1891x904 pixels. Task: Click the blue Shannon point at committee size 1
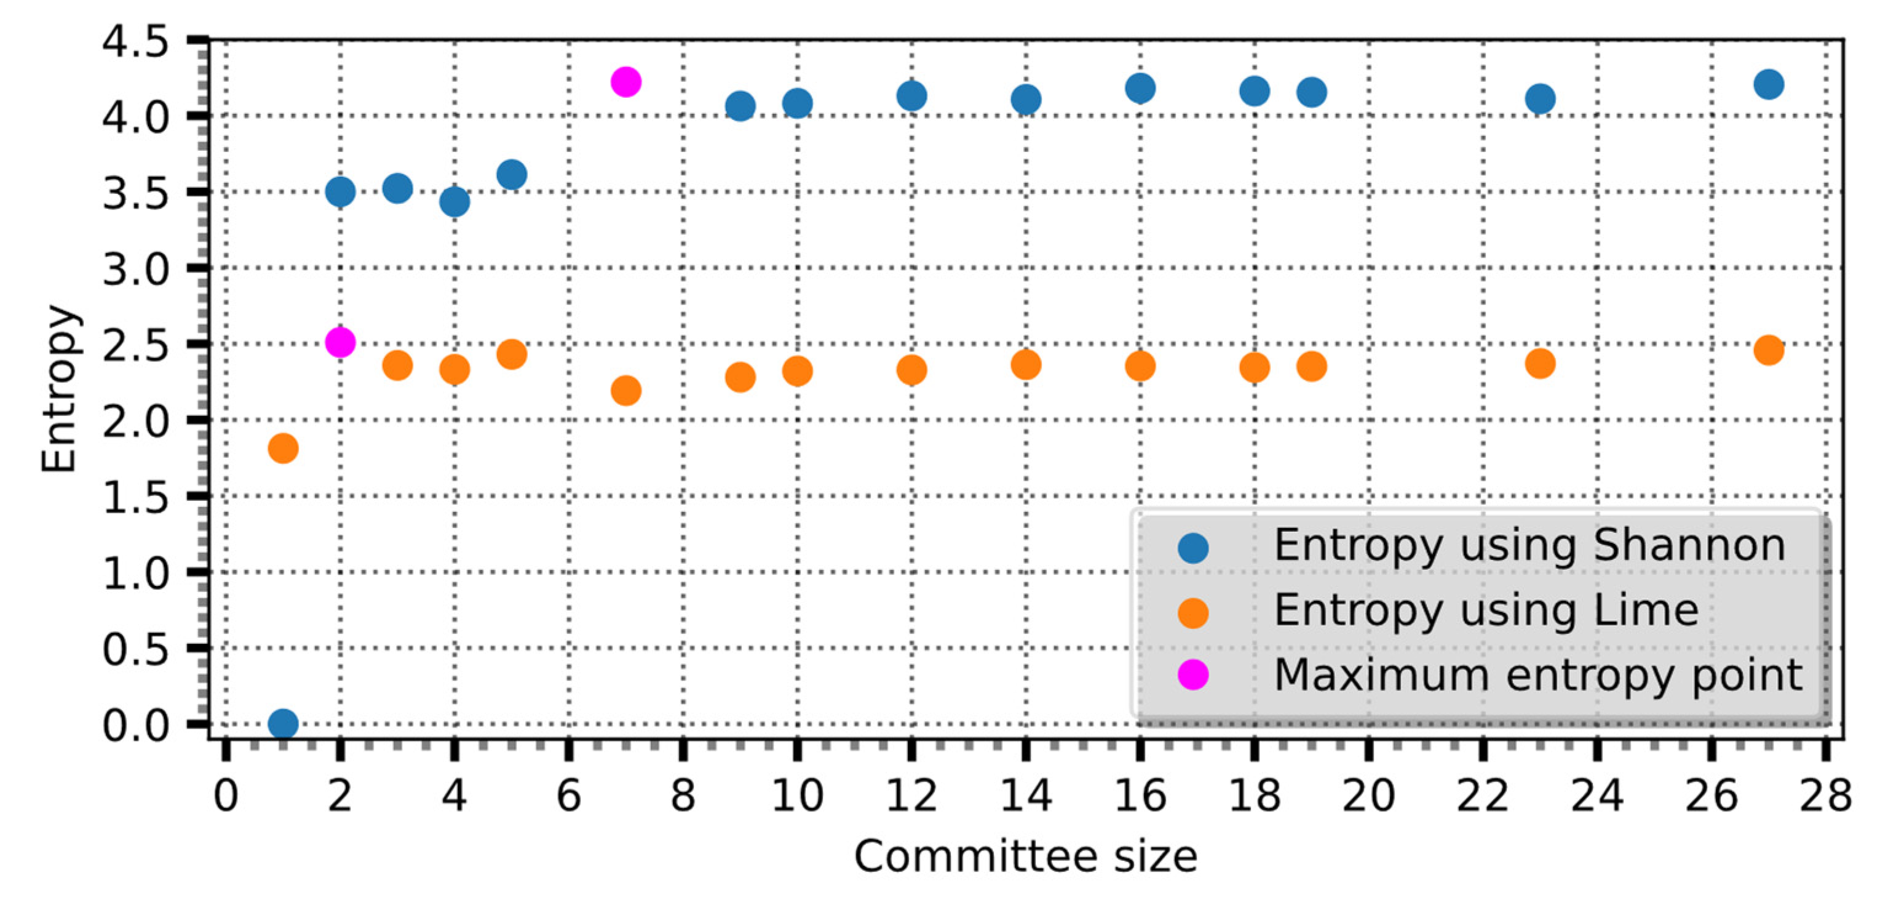pyautogui.click(x=283, y=723)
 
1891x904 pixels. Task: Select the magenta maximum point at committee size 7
pyautogui.click(x=625, y=81)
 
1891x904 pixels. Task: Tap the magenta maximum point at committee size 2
pyautogui.click(x=340, y=342)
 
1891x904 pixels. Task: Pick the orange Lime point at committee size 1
pyautogui.click(x=283, y=447)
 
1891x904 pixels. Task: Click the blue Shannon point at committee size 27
pyautogui.click(x=1769, y=84)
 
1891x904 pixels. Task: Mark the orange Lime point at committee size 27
pyautogui.click(x=1769, y=350)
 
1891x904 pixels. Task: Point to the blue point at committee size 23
pyautogui.click(x=1540, y=98)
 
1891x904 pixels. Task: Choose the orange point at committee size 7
pyautogui.click(x=625, y=390)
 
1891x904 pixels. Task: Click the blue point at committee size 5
pyautogui.click(x=512, y=175)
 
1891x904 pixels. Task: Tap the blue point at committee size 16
pyautogui.click(x=1140, y=88)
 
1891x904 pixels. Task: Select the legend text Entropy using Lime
pyautogui.click(x=1486, y=610)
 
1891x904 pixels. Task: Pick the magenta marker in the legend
pyautogui.click(x=1193, y=674)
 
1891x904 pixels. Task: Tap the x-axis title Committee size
pyautogui.click(x=1025, y=856)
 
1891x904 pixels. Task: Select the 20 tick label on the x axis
pyautogui.click(x=1368, y=795)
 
